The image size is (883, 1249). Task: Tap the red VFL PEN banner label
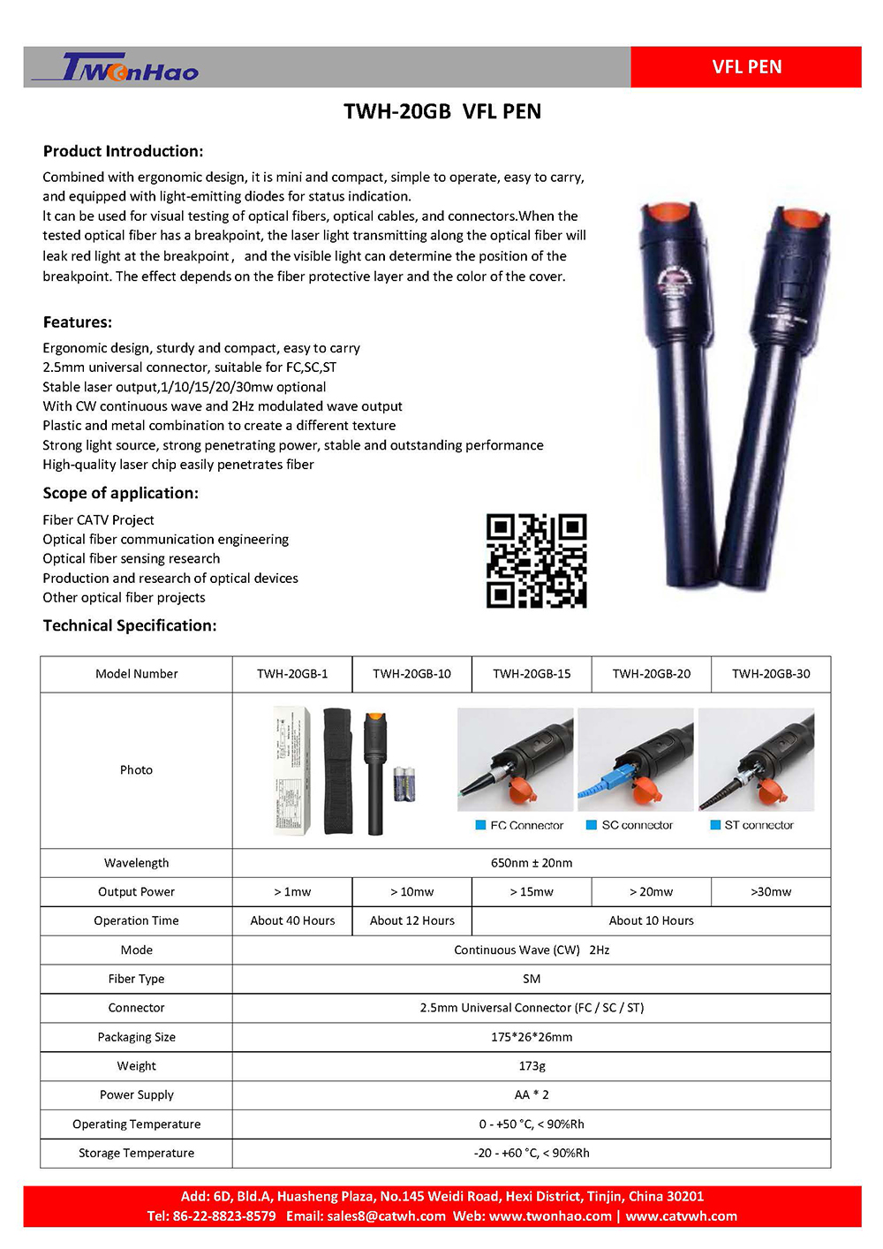point(746,67)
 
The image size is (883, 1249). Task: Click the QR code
point(536,561)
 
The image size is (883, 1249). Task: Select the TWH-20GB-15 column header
point(532,674)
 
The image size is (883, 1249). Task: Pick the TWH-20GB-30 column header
point(771,674)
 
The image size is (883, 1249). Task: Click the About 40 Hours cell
point(292,920)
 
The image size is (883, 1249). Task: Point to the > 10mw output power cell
point(411,892)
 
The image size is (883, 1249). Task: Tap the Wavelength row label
point(136,863)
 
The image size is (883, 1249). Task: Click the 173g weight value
point(532,1066)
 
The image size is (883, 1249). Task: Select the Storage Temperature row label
point(136,1153)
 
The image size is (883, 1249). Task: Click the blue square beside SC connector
point(592,825)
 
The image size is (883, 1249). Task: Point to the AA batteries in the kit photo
point(404,783)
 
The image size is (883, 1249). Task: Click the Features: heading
point(78,322)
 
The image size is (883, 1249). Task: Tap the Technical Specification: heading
point(130,625)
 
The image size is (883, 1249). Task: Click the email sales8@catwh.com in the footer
point(386,1216)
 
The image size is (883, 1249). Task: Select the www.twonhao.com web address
point(550,1216)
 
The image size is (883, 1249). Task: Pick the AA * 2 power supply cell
point(532,1094)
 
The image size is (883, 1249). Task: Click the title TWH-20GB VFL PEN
point(441,111)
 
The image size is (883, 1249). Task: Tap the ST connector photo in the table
point(756,760)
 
